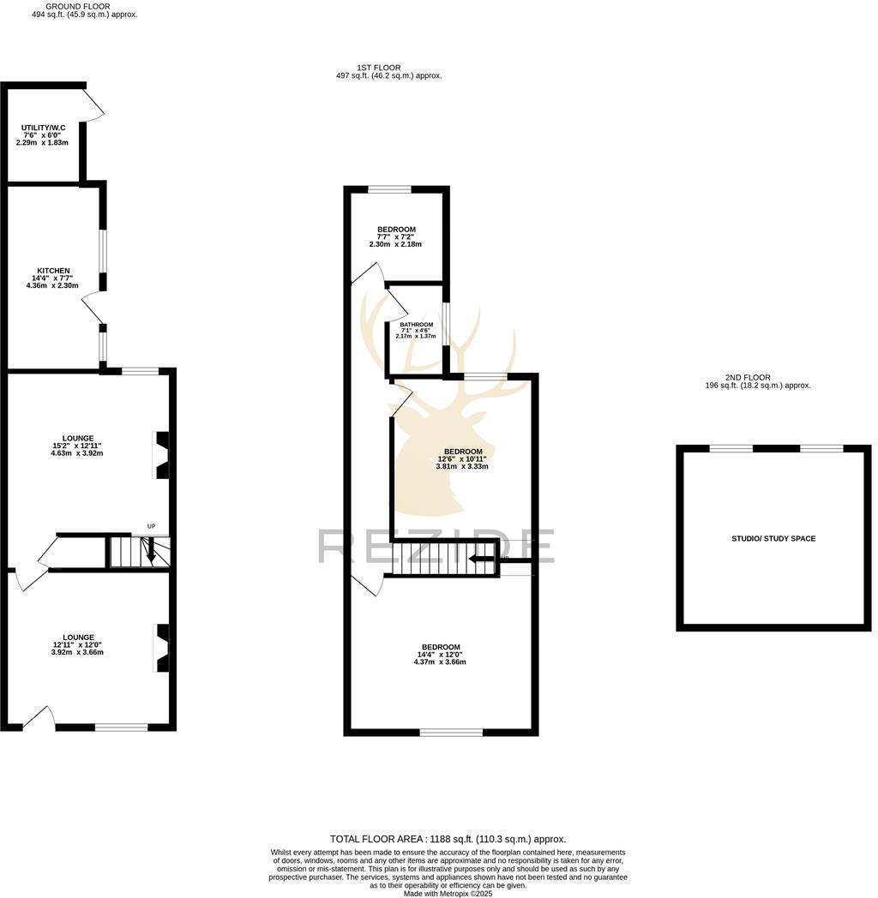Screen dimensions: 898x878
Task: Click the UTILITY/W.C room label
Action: click(x=43, y=127)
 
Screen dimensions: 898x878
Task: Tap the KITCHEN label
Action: click(x=52, y=271)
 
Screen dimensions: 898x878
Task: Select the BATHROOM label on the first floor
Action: click(x=416, y=325)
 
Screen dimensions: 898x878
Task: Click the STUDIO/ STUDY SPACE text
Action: click(x=773, y=539)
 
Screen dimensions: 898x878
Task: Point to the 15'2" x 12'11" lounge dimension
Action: click(x=77, y=446)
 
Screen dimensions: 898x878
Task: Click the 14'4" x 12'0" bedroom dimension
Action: click(x=440, y=655)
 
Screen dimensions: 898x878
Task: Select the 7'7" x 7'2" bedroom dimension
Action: click(x=396, y=236)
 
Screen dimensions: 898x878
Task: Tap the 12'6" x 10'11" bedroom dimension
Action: click(x=462, y=459)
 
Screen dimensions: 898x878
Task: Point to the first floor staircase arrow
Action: click(x=482, y=560)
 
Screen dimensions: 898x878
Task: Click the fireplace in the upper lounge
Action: click(x=160, y=455)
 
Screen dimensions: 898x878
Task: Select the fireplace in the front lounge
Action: click(x=160, y=648)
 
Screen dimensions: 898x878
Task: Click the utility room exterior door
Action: click(x=94, y=102)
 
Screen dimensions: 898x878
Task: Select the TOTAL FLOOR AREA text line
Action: click(x=448, y=840)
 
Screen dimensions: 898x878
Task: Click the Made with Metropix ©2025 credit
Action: click(x=448, y=893)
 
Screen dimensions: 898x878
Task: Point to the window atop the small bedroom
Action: click(x=390, y=189)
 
